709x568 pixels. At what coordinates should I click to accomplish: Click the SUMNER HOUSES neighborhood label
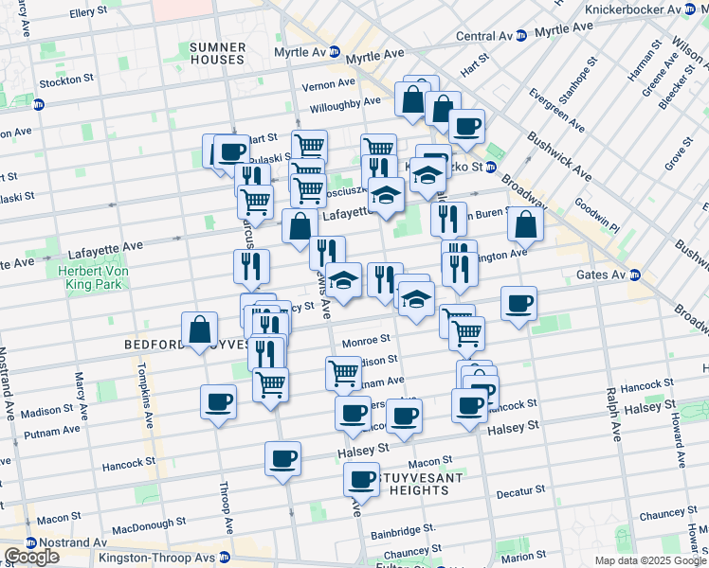pyautogui.click(x=216, y=52)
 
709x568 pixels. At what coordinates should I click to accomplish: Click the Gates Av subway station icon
pyautogui.click(x=636, y=275)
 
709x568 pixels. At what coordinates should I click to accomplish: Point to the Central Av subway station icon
pyautogui.click(x=521, y=36)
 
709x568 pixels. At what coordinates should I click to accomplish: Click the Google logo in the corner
pyautogui.click(x=31, y=557)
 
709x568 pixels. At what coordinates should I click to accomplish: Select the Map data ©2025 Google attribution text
pyautogui.click(x=650, y=560)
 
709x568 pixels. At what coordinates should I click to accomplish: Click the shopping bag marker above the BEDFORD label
pyautogui.click(x=200, y=330)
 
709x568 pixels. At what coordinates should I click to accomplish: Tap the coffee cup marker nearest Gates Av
pyautogui.click(x=518, y=304)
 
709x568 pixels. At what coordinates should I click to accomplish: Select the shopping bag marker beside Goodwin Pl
pyautogui.click(x=524, y=224)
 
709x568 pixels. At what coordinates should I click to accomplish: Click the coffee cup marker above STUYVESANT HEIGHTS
pyautogui.click(x=361, y=479)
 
